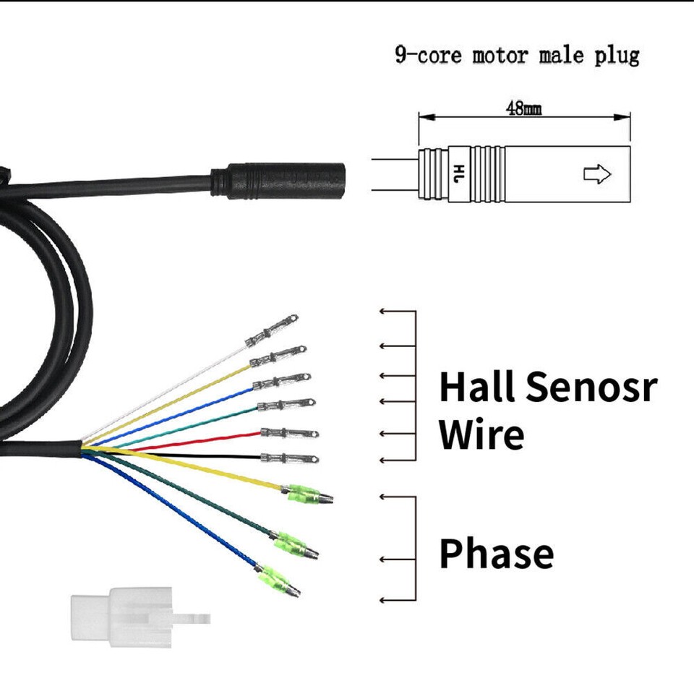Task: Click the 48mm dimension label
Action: (524, 110)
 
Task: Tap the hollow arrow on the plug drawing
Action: (597, 175)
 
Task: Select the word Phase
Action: (497, 553)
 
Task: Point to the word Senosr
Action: (591, 386)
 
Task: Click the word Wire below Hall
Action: (481, 434)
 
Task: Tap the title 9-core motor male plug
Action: (517, 56)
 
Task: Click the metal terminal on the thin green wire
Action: (286, 406)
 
